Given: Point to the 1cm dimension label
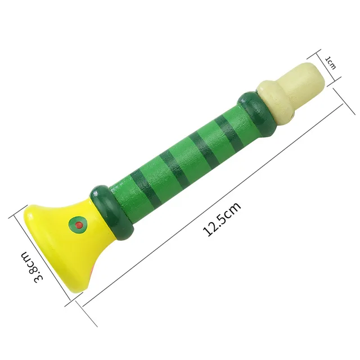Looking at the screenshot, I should click(331, 63).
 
